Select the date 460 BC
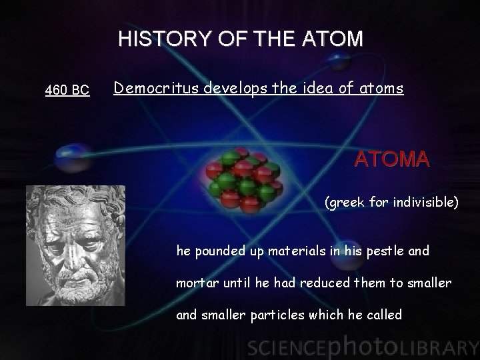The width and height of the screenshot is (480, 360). (67, 90)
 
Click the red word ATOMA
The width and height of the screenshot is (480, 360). (392, 160)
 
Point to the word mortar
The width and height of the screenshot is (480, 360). (195, 283)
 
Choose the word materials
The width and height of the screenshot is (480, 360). (279, 251)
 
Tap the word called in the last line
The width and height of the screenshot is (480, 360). (384, 314)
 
